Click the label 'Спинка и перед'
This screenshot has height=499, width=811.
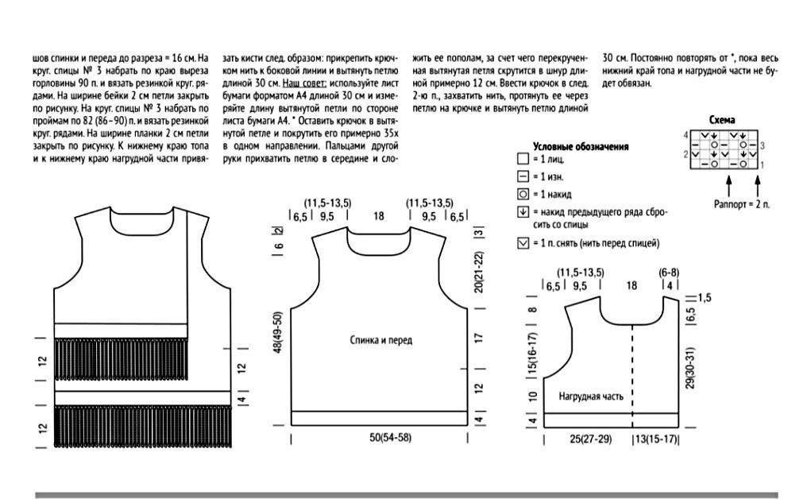(381, 340)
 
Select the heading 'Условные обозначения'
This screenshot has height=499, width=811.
(581, 146)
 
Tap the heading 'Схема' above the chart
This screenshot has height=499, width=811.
(721, 120)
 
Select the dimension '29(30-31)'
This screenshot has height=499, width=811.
(690, 367)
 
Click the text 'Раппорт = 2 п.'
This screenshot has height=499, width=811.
(742, 204)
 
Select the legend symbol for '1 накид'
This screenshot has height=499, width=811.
(522, 194)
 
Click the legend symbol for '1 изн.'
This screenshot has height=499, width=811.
(522, 177)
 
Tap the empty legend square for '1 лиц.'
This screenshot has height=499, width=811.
(522, 161)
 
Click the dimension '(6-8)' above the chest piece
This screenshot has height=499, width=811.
(669, 273)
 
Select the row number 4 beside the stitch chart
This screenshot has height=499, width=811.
(685, 134)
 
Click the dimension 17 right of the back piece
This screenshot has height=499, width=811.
(479, 338)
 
